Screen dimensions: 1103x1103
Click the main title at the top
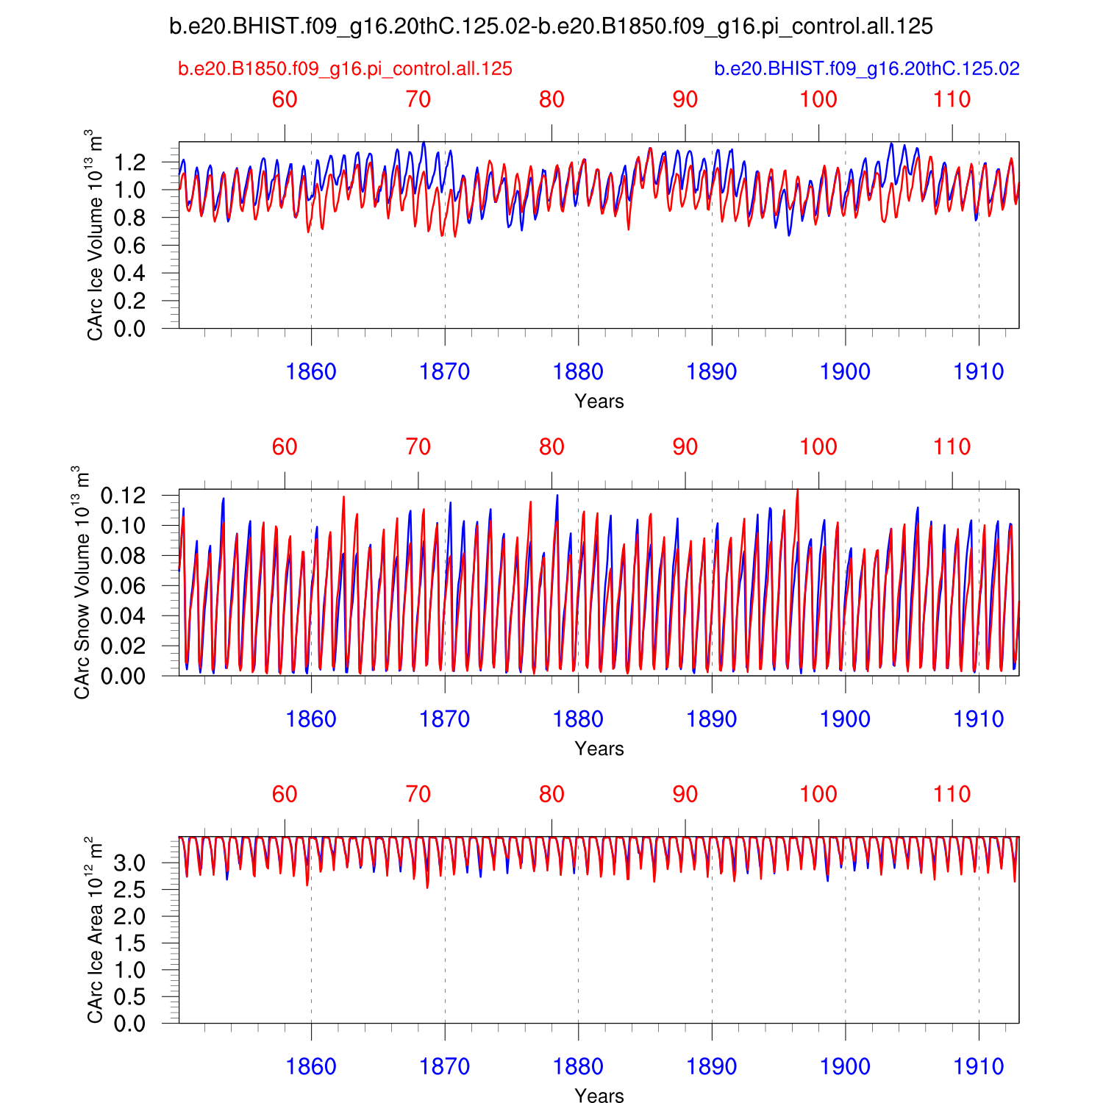[x=551, y=27]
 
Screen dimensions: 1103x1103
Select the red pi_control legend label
[x=345, y=69]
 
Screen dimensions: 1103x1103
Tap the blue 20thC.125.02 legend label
[x=867, y=69]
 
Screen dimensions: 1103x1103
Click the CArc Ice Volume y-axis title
[x=95, y=235]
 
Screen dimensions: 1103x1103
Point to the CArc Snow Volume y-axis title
[x=82, y=582]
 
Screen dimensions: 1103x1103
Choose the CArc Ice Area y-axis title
[x=95, y=929]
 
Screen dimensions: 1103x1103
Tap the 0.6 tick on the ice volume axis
[x=129, y=246]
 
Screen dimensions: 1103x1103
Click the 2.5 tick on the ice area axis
[x=129, y=890]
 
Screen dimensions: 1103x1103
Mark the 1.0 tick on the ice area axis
[x=129, y=970]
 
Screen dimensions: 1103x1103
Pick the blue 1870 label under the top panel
[x=444, y=372]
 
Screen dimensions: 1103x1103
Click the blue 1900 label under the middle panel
[x=845, y=719]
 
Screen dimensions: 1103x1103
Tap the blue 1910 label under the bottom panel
[x=979, y=1067]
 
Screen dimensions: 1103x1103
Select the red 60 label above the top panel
[x=285, y=99]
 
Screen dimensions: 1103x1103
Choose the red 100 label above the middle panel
[x=818, y=447]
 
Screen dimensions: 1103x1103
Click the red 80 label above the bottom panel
[x=551, y=794]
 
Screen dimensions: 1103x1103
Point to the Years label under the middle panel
[x=599, y=749]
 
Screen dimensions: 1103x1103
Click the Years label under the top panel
[x=599, y=401]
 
